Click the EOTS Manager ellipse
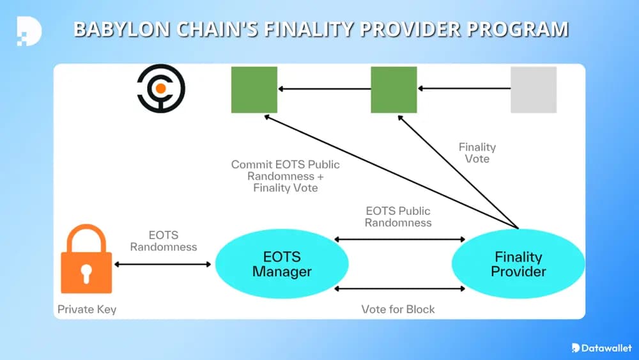pyautogui.click(x=282, y=263)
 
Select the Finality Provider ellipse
pyautogui.click(x=518, y=263)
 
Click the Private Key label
pyautogui.click(x=87, y=309)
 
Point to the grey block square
pyautogui.click(x=534, y=90)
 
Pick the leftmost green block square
pyautogui.click(x=254, y=90)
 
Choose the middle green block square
pyautogui.click(x=394, y=90)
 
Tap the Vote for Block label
pyautogui.click(x=398, y=309)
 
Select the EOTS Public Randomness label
pyautogui.click(x=398, y=217)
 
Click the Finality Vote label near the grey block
pyautogui.click(x=477, y=152)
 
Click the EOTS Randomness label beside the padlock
pyautogui.click(x=164, y=240)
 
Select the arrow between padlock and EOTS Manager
pyautogui.click(x=162, y=264)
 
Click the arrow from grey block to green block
pyautogui.click(x=463, y=90)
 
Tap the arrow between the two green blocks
pyautogui.click(x=324, y=90)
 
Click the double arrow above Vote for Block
pyautogui.click(x=400, y=289)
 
